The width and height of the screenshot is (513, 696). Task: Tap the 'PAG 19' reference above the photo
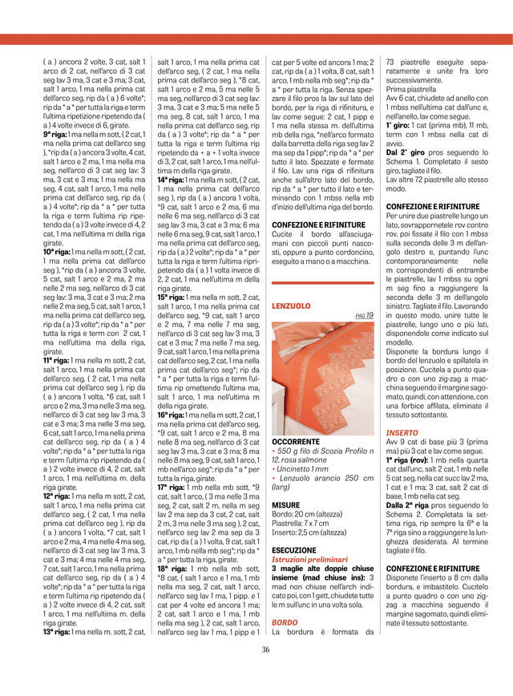[x=364, y=316]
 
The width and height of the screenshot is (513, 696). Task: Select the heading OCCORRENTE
[x=300, y=442]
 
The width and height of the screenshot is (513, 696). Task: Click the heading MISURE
[x=286, y=505]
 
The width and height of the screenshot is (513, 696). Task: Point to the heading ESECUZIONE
[x=294, y=549]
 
